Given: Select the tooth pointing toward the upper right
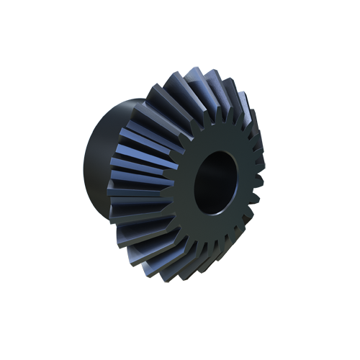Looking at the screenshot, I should click(x=241, y=112).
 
